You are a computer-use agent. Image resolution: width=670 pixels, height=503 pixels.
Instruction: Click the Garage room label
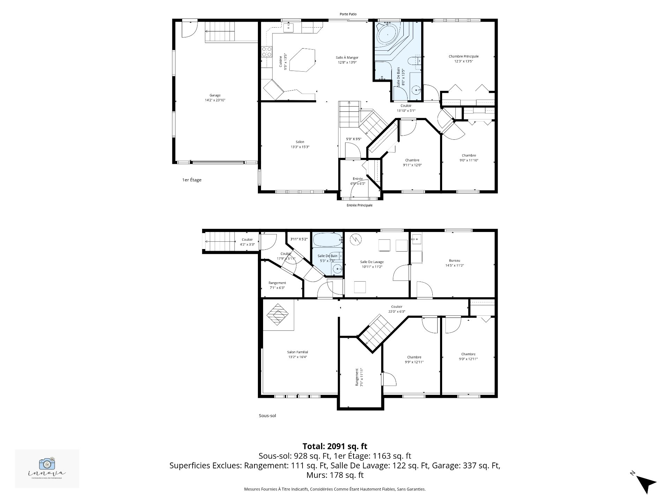pyautogui.click(x=215, y=95)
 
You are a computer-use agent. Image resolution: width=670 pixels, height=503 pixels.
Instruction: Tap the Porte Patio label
pyautogui.click(x=348, y=14)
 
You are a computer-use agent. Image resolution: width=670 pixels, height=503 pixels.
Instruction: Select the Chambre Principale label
pyautogui.click(x=463, y=56)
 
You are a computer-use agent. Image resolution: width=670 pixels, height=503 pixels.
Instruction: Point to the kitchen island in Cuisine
pyautogui.click(x=301, y=60)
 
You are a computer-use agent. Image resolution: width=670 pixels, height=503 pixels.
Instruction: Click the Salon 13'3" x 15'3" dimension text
pyautogui.click(x=300, y=147)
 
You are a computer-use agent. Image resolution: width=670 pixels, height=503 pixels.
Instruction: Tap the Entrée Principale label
pyautogui.click(x=359, y=205)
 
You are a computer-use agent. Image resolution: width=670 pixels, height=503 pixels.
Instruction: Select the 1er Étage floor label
pyautogui.click(x=192, y=180)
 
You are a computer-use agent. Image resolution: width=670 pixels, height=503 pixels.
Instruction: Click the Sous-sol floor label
pyautogui.click(x=267, y=416)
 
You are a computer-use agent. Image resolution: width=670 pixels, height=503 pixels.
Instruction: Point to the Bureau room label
pyautogui.click(x=454, y=261)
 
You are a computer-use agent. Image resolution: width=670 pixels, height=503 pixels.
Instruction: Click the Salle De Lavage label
pyautogui.click(x=372, y=262)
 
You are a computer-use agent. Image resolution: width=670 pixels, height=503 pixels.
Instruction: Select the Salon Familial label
pyautogui.click(x=297, y=352)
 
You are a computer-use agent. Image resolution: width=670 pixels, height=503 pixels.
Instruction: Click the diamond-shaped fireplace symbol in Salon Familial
pyautogui.click(x=278, y=314)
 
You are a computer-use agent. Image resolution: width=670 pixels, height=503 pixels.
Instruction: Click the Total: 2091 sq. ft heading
pyautogui.click(x=335, y=446)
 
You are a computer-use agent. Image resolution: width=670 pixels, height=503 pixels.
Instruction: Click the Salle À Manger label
pyautogui.click(x=347, y=58)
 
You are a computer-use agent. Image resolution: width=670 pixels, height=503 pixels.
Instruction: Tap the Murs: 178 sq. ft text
pyautogui.click(x=335, y=475)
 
